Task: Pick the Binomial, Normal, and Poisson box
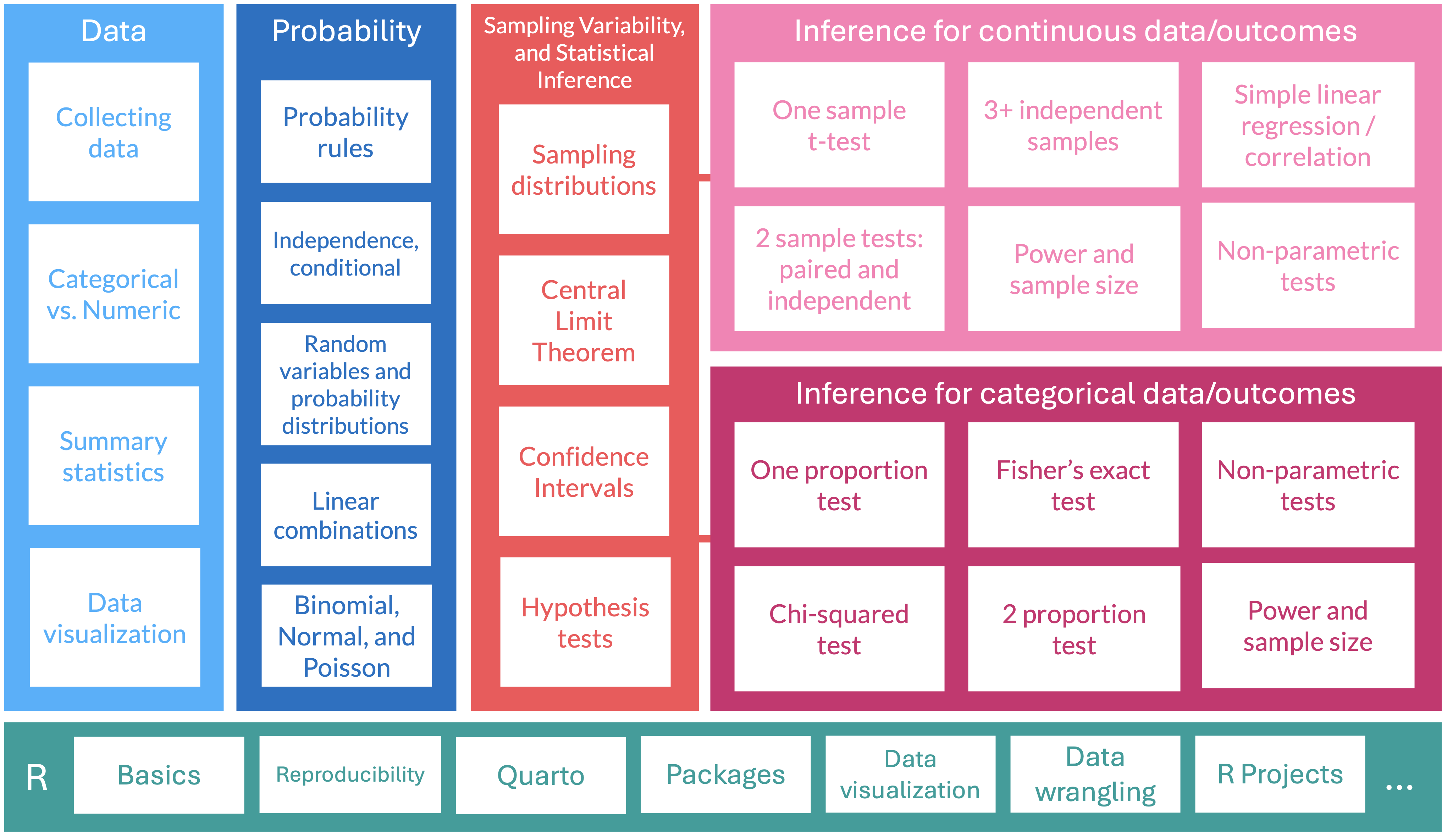tap(346, 636)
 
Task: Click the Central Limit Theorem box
tap(584, 321)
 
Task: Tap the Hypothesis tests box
tap(585, 622)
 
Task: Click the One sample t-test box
tap(839, 125)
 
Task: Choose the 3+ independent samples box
tap(1073, 125)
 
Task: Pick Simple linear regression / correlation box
tap(1308, 125)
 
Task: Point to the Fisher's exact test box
tap(1073, 485)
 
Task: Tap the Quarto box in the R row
tap(541, 775)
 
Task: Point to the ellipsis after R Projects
tap(1399, 787)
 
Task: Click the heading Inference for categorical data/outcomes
tap(1075, 393)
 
